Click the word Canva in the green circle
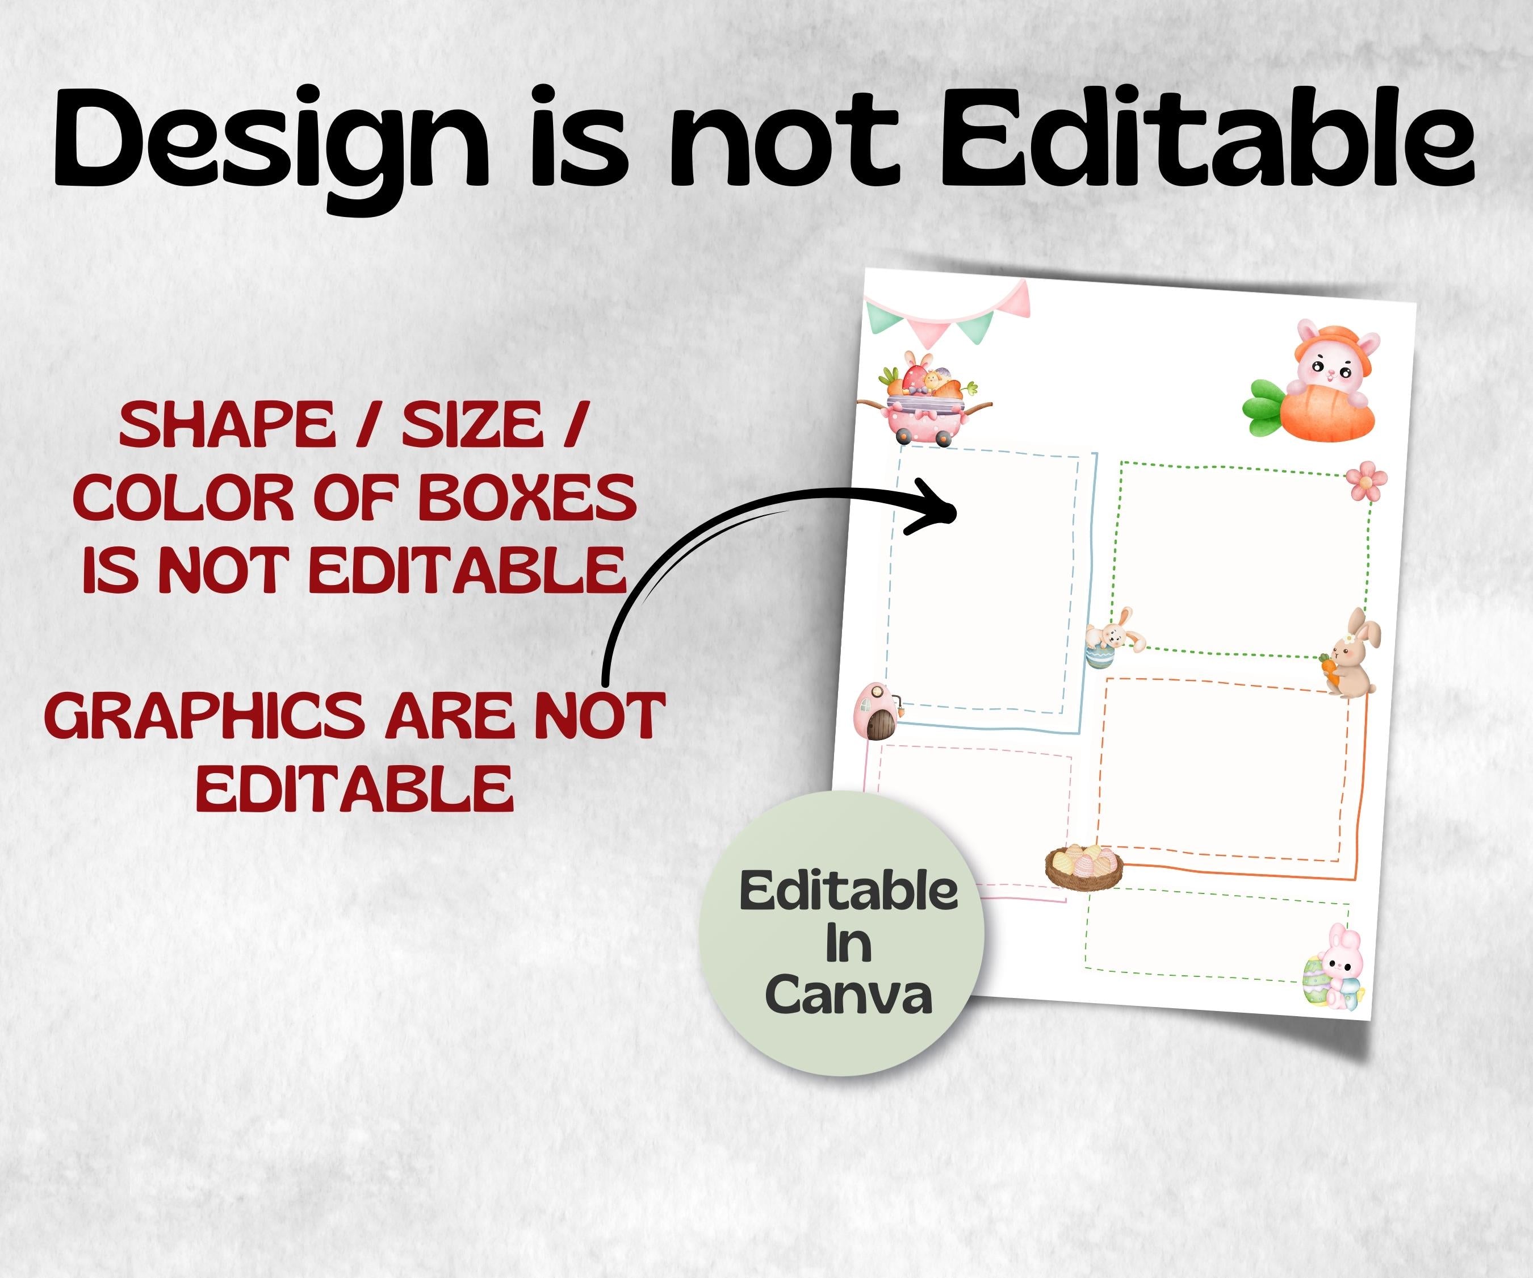848,995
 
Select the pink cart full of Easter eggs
924,398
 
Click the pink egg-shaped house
878,711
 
